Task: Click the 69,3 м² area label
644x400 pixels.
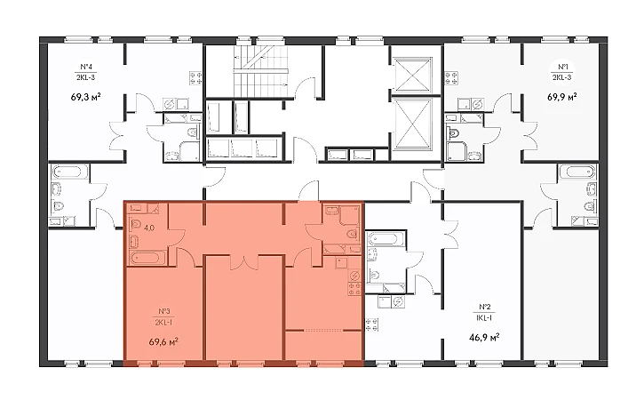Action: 86,97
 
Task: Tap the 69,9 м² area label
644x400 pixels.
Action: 562,97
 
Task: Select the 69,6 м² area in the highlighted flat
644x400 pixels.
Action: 163,341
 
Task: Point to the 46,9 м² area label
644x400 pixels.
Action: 484,338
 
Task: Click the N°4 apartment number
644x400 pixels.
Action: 85,67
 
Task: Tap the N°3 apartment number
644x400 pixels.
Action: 163,311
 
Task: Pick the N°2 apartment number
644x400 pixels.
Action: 485,307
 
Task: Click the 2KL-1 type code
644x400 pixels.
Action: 163,323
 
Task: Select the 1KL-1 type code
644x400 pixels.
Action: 485,318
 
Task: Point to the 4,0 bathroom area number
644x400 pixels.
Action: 149,228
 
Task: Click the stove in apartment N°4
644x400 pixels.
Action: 195,78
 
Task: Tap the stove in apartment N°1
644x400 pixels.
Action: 452,78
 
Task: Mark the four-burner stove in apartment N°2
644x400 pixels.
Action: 372,324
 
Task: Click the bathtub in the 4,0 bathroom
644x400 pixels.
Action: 147,258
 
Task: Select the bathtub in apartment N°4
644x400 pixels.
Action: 70,172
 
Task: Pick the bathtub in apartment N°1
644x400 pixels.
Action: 576,172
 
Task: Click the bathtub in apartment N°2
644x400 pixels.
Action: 386,239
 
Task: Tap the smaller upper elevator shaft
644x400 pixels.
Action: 411,75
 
